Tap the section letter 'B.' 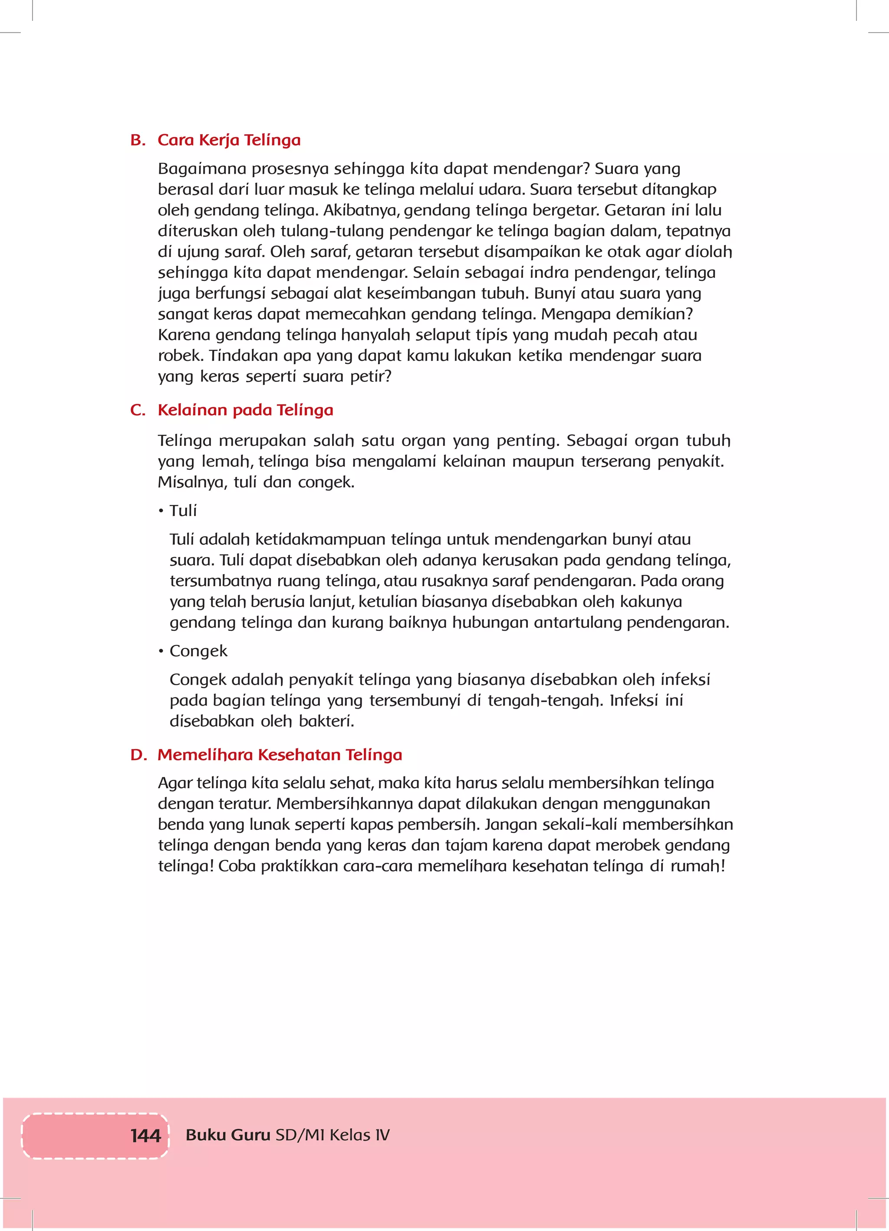[138, 140]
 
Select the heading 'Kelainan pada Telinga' [245, 410]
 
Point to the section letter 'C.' [138, 410]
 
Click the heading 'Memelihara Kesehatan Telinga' [280, 755]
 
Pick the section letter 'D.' [138, 755]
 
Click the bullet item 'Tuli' [183, 511]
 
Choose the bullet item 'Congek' [198, 651]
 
